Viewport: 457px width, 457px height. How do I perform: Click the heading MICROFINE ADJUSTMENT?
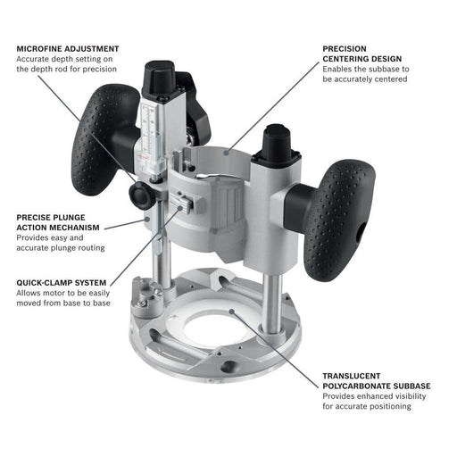[x=67, y=48]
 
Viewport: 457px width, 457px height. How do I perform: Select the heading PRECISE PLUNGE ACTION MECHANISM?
[x=54, y=221]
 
